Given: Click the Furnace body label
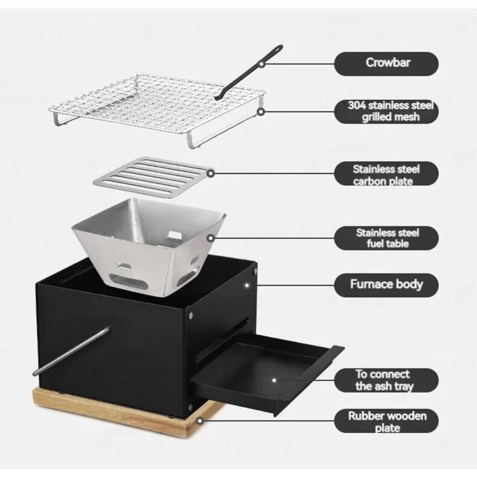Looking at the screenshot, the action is click(x=386, y=285).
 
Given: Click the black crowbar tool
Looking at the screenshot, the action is click(x=248, y=73).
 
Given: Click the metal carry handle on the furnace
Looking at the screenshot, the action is click(x=71, y=350).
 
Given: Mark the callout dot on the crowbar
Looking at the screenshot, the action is click(x=261, y=64).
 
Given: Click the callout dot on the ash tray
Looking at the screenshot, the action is click(x=274, y=380).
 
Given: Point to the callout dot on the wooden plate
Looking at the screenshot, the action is click(x=200, y=421).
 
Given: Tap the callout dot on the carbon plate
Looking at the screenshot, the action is click(x=211, y=174).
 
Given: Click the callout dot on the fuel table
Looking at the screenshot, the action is click(x=211, y=238).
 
